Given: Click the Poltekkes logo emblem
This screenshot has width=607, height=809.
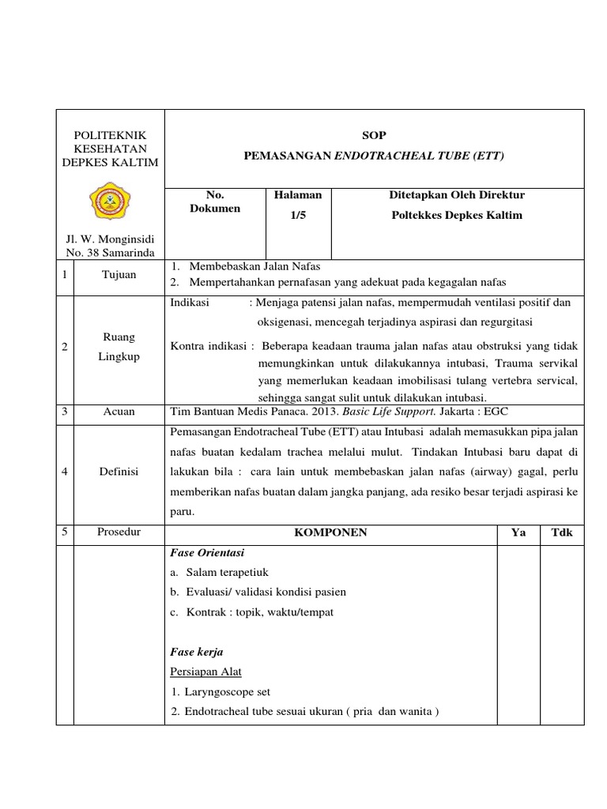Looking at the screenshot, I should pyautogui.click(x=110, y=201).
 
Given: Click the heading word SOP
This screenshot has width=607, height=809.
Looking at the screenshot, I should pyautogui.click(x=374, y=135).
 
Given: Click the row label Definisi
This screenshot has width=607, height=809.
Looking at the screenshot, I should pyautogui.click(x=119, y=471).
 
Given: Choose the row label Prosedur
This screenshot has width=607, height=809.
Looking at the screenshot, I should pyautogui.click(x=119, y=532).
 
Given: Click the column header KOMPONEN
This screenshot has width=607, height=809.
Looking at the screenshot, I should pyautogui.click(x=330, y=532).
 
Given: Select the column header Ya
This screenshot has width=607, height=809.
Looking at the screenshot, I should pyautogui.click(x=518, y=532).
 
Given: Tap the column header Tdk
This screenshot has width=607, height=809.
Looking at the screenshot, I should pyautogui.click(x=561, y=532).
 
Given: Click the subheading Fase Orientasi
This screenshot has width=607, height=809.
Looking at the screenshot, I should pyautogui.click(x=208, y=552).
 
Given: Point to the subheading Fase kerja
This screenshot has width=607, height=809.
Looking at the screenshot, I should pyautogui.click(x=197, y=652).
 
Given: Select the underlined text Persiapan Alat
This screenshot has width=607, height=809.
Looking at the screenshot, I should pyautogui.click(x=206, y=672).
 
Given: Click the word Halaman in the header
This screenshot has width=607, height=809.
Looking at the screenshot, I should pyautogui.click(x=298, y=194).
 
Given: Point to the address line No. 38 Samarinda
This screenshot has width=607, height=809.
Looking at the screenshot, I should pyautogui.click(x=110, y=252).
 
